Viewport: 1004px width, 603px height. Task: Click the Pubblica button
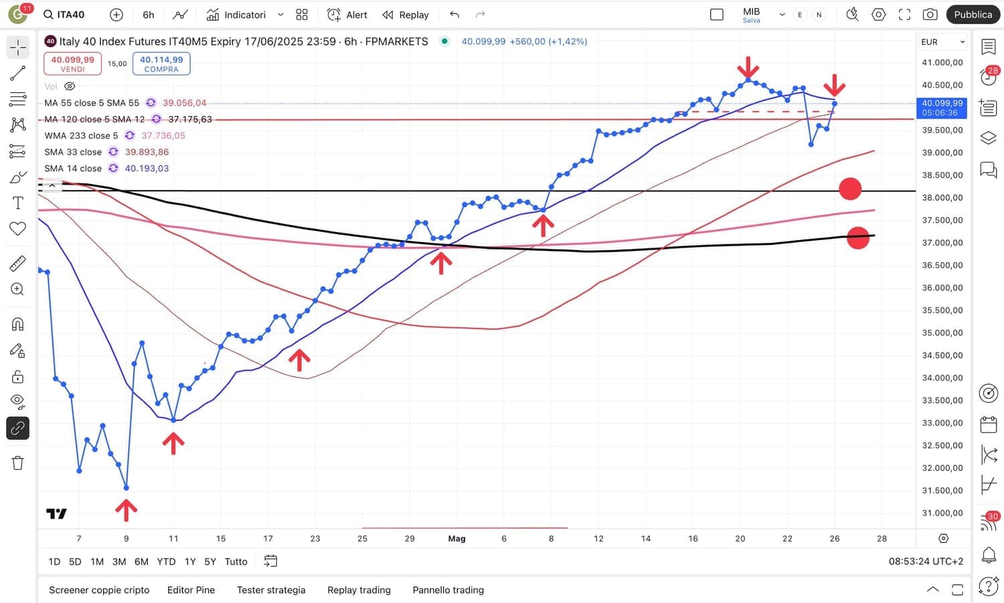point(973,15)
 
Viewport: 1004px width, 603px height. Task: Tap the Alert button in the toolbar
point(347,15)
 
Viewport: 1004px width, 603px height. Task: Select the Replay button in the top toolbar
point(406,15)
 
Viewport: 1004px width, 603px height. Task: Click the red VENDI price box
point(72,64)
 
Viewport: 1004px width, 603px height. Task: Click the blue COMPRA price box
point(161,64)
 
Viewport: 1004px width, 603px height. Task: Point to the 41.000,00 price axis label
point(942,62)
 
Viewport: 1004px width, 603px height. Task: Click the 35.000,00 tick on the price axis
point(942,333)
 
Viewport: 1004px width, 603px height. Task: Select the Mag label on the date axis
point(456,539)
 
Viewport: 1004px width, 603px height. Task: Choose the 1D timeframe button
point(54,562)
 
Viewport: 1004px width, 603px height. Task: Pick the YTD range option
point(166,562)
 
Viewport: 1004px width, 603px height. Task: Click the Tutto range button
point(236,562)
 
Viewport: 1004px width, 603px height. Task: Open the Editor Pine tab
point(191,590)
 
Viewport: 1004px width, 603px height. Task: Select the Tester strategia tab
point(271,590)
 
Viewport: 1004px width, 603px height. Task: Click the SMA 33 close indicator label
point(73,152)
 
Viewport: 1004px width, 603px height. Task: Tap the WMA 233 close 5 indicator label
point(81,135)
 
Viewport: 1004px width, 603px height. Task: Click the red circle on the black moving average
point(857,238)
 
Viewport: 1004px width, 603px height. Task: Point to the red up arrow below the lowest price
point(126,510)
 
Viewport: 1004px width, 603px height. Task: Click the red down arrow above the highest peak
point(748,68)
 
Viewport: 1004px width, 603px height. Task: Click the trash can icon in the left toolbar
point(18,463)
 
